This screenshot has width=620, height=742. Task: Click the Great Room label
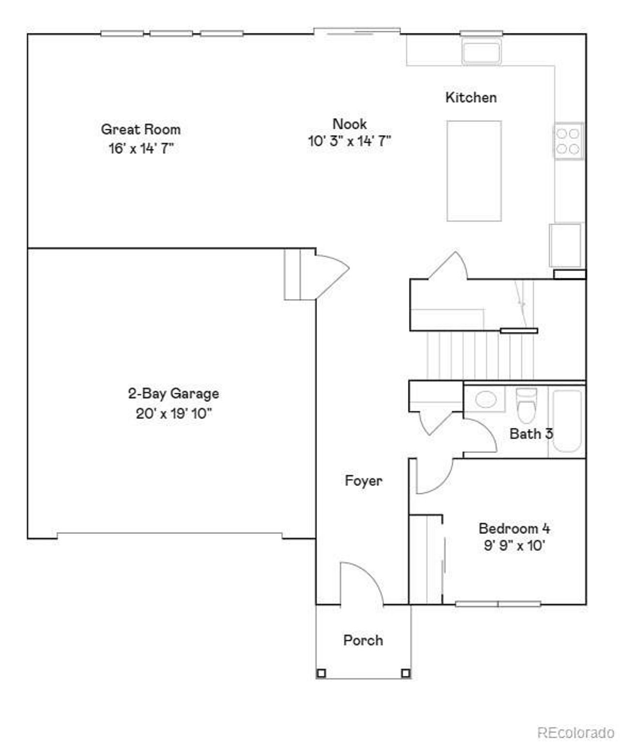tap(140, 129)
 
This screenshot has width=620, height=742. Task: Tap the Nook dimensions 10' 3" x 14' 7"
tap(349, 141)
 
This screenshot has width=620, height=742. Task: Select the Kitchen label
tap(471, 97)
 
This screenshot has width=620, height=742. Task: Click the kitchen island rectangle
tap(474, 170)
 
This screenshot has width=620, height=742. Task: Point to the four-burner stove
tap(568, 140)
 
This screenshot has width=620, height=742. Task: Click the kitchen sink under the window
tap(481, 52)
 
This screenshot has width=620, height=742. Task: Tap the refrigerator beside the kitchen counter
tap(565, 245)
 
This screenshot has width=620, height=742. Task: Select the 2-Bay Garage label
tap(173, 394)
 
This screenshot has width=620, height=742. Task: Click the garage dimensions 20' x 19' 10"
tap(173, 414)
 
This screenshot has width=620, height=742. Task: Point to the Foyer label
tap(363, 481)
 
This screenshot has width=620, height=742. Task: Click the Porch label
tap(363, 640)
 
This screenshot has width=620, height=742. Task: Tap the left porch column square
tap(321, 673)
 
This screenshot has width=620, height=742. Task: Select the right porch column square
tap(405, 673)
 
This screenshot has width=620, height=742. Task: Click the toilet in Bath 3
tap(526, 405)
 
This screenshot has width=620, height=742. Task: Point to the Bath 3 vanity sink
tap(486, 400)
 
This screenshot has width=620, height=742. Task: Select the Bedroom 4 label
tap(514, 528)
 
